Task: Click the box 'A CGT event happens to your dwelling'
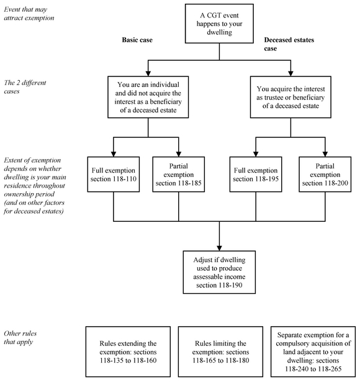pos(219,24)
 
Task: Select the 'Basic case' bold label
pos(137,40)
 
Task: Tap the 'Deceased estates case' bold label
pos(289,44)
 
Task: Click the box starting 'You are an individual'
pos(148,97)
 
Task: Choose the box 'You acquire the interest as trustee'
pos(290,97)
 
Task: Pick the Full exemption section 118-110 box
pos(114,175)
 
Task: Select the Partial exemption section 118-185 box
pos(179,175)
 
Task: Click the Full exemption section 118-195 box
pos(256,175)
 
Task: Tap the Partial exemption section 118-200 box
pos(325,175)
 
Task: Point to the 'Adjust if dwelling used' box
pos(219,272)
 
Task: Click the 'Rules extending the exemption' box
pos(128,352)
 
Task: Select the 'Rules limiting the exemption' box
pos(220,352)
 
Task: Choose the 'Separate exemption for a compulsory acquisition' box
pos(313,352)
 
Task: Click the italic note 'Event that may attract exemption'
pos(29,14)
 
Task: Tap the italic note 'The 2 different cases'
pos(25,87)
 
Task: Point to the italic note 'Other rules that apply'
pos(20,338)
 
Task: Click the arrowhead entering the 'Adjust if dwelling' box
pos(219,248)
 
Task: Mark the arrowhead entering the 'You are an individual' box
pos(148,73)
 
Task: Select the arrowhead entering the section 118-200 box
pos(325,154)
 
